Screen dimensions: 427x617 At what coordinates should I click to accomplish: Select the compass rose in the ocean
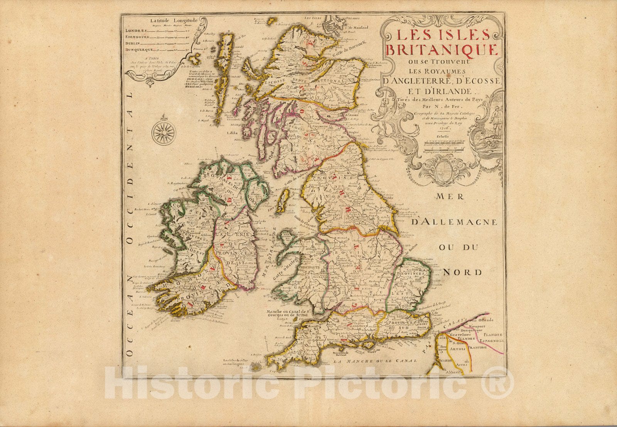pyautogui.click(x=164, y=132)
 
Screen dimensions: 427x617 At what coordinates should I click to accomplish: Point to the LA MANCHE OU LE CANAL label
pyautogui.click(x=375, y=361)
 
